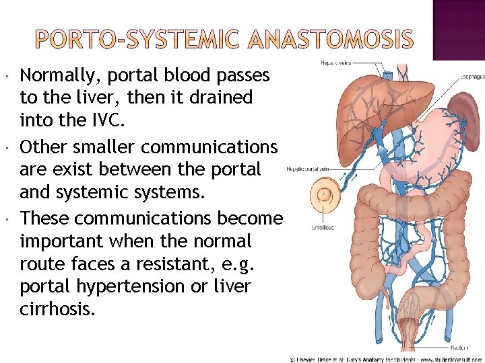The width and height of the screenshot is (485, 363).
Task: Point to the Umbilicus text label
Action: [322, 227]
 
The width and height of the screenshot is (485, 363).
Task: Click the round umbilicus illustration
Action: [325, 197]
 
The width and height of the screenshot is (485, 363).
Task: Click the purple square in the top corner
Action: [458, 27]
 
